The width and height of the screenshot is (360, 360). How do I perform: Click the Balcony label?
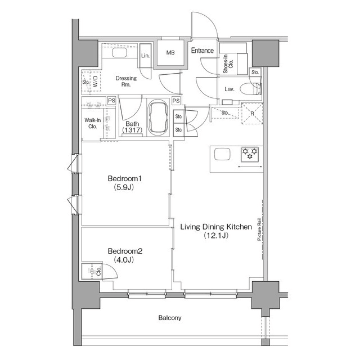170,318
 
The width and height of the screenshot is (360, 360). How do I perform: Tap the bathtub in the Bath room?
158,118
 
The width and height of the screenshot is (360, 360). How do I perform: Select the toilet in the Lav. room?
250,89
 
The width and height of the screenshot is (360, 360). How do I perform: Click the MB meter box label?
170,52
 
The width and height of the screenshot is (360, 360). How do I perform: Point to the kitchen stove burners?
250,154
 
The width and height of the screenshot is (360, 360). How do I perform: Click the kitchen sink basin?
222,154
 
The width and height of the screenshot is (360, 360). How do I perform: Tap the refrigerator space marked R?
252,114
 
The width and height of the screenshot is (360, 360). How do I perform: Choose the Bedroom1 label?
125,178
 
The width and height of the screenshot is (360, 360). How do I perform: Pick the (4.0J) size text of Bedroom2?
124,260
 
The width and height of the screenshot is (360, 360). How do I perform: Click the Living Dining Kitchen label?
216,227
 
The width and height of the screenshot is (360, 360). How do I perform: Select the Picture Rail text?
259,229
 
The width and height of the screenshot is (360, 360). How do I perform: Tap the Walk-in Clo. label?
92,123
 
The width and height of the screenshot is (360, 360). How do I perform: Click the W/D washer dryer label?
95,81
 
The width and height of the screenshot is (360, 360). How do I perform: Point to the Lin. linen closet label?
145,56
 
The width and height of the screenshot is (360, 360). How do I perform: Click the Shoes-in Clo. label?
228,64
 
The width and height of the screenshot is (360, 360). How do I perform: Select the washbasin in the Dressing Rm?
119,53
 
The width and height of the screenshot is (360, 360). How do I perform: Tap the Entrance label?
202,50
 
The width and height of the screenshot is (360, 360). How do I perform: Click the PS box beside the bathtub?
176,101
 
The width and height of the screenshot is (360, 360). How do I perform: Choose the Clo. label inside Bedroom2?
99,271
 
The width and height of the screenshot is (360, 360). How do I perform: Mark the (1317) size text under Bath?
132,130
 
